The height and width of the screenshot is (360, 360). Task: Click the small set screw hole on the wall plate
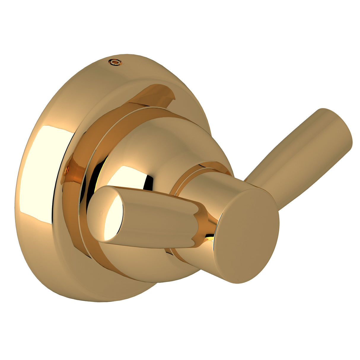pyautogui.click(x=115, y=62)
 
